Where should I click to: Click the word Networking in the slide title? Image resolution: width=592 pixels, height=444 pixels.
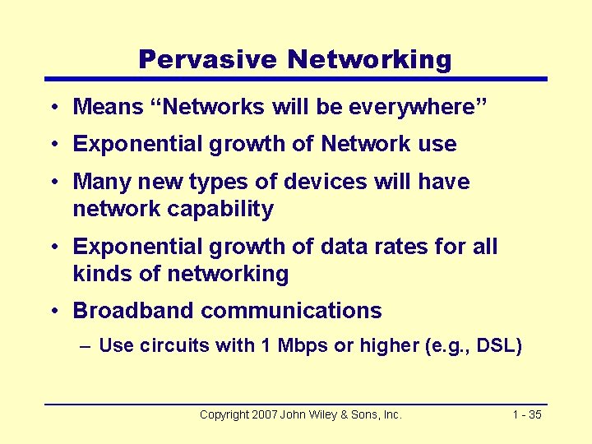pos(369,59)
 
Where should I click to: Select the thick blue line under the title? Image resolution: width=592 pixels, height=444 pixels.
pos(296,79)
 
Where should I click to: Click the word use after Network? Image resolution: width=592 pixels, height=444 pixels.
pos(437,144)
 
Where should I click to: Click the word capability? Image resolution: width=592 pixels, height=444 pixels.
pos(221,209)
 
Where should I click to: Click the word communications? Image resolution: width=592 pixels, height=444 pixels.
pos(291,311)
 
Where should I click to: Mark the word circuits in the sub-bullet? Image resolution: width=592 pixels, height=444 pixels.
pos(174,345)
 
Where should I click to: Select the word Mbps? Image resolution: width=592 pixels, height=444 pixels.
pos(300,345)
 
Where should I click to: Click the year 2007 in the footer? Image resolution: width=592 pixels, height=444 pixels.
pos(263,415)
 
